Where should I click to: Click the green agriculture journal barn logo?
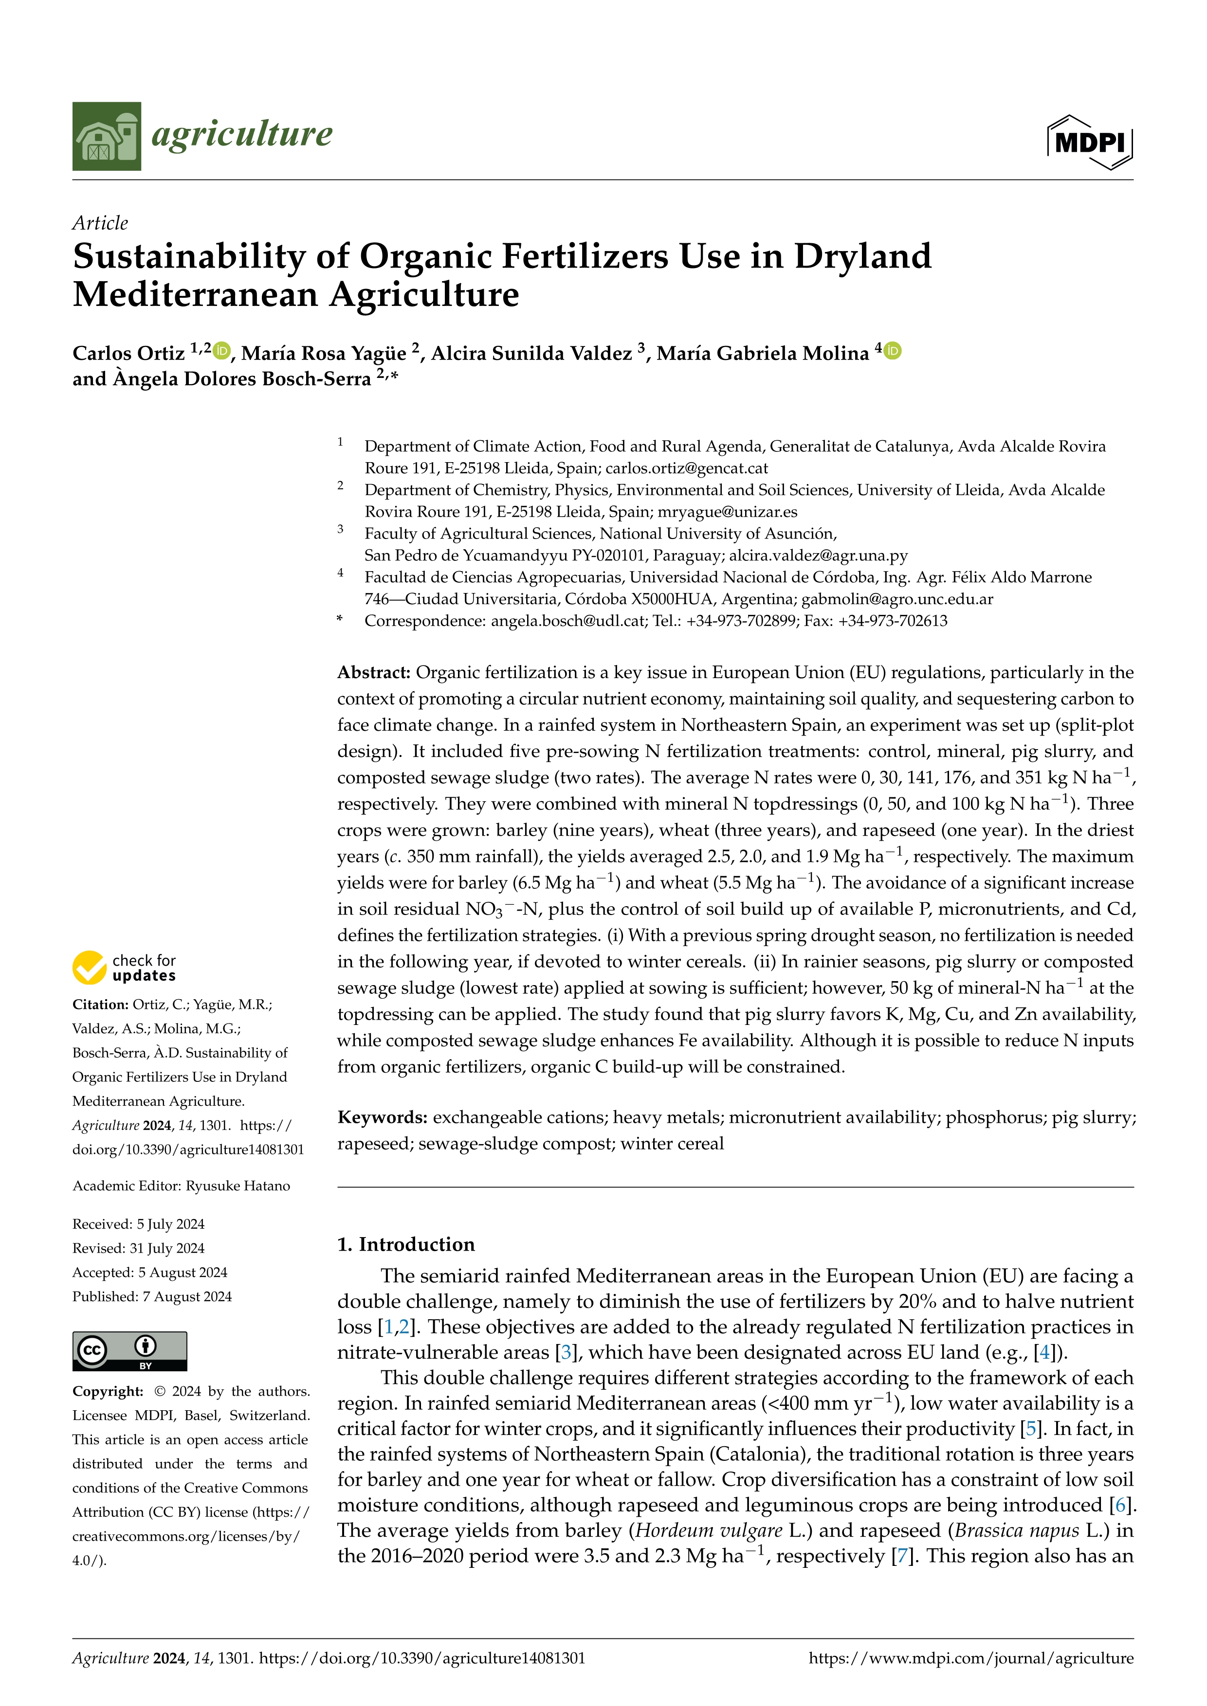[106, 136]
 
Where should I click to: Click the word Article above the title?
[100, 223]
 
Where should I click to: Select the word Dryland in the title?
[862, 256]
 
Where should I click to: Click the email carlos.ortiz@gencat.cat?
[687, 468]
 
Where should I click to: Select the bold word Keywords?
[382, 1117]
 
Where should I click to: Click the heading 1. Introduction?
[406, 1244]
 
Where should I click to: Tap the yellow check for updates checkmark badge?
[89, 968]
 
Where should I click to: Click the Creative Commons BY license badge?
[129, 1351]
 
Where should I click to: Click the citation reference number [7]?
[902, 1556]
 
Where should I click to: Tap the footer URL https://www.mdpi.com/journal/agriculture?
[970, 1658]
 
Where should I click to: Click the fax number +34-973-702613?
[893, 621]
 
